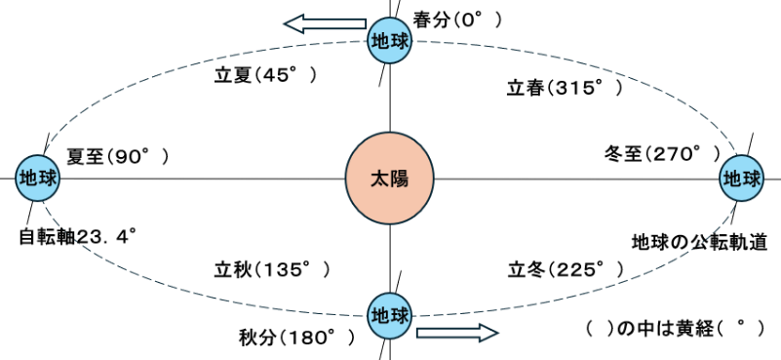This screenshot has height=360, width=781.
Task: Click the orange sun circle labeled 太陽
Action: (x=389, y=179)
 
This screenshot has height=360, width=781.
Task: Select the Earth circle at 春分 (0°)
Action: (x=389, y=41)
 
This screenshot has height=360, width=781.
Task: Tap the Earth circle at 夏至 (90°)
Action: (x=37, y=179)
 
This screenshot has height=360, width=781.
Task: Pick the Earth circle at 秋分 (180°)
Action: (x=389, y=316)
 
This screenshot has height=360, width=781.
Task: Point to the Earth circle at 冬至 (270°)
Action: (x=742, y=179)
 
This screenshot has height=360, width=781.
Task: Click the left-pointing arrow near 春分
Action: (x=326, y=23)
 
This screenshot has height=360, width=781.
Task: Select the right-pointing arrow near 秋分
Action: (x=457, y=333)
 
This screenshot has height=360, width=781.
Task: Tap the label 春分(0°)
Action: (x=457, y=20)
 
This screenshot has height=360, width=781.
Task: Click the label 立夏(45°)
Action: (x=265, y=76)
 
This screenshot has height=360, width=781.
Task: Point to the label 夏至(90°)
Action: (x=118, y=157)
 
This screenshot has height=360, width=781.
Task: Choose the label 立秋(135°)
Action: (x=272, y=270)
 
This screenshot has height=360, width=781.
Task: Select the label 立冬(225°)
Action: (x=566, y=270)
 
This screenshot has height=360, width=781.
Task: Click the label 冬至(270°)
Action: (x=662, y=153)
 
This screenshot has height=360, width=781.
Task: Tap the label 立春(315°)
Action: (x=566, y=89)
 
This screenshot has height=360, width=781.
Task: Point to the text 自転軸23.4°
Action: (x=78, y=237)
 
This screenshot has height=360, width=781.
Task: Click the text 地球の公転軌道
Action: (x=699, y=243)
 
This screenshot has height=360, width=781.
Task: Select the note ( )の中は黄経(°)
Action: (x=675, y=328)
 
